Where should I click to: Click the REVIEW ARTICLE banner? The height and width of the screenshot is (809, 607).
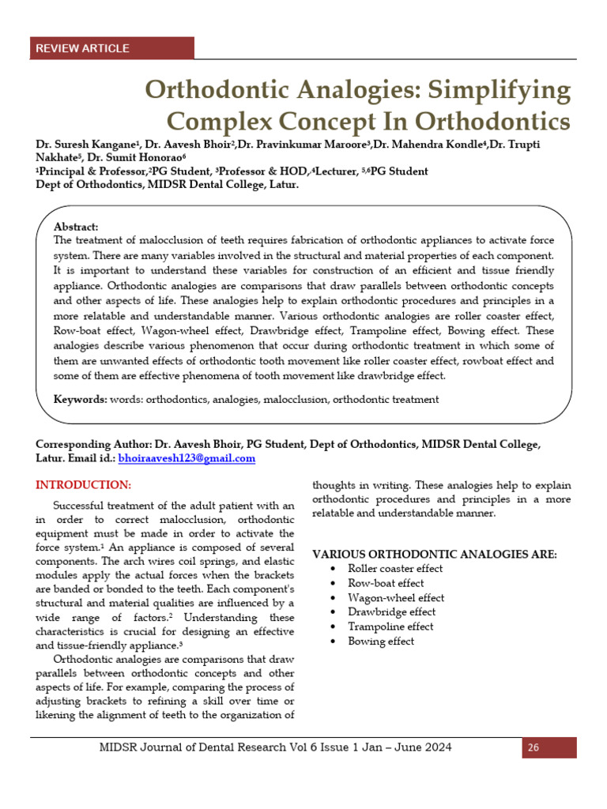pos(82,48)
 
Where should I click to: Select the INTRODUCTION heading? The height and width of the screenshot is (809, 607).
pos(84,484)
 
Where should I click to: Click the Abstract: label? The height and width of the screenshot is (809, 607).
pos(76,226)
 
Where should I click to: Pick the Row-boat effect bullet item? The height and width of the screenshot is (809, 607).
pos(386,583)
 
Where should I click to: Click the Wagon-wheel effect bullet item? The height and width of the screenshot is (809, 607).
pos(396,598)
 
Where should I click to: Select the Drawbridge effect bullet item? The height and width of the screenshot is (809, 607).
pos(390,612)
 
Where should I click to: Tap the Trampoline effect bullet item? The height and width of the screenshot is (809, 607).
pos(390,627)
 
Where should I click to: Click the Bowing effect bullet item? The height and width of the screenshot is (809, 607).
pos(381,642)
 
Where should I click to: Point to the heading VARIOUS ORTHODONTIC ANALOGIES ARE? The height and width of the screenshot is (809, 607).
pos(435,555)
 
